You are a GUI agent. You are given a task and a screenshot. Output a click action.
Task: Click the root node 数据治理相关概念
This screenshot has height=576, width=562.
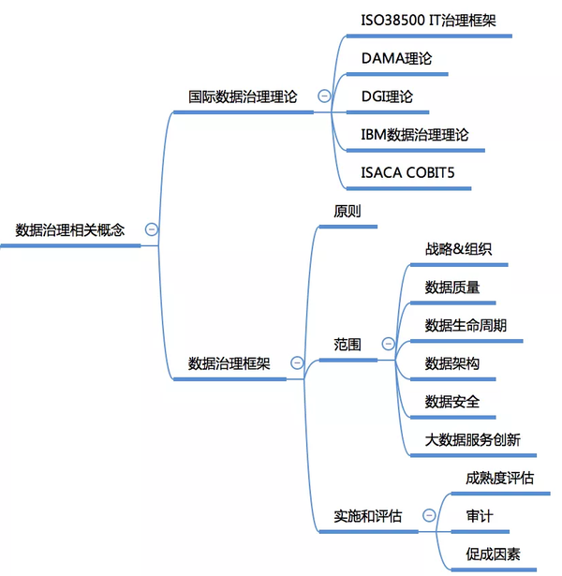[70, 230]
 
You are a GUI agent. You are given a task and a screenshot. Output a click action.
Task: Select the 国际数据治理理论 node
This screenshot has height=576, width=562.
[242, 96]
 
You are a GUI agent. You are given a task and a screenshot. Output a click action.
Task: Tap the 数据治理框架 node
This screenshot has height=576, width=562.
[229, 362]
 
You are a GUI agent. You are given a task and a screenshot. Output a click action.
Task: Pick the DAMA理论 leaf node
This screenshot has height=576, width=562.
[396, 58]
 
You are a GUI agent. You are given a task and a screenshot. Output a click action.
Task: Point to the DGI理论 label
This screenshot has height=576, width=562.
[387, 96]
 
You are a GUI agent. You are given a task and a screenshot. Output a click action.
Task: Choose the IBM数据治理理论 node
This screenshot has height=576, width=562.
[422, 135]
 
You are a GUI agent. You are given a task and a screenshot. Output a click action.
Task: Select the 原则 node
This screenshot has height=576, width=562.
[348, 212]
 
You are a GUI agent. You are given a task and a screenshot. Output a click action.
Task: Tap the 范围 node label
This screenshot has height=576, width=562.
[348, 345]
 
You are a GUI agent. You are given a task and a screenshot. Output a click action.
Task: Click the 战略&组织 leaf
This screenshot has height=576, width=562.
[458, 249]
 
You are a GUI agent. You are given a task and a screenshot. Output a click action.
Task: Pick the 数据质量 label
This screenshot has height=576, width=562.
[452, 288]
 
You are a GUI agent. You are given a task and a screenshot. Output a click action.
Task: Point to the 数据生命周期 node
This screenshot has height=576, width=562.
[466, 325]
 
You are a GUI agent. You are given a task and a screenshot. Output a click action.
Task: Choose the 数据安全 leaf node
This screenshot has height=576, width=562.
[452, 402]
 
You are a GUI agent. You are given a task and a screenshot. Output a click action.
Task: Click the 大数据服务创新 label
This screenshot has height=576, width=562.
[472, 440]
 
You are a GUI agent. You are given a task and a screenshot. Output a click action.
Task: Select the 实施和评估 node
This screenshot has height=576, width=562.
[367, 515]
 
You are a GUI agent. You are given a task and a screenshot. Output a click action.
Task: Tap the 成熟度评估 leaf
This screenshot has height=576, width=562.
[499, 478]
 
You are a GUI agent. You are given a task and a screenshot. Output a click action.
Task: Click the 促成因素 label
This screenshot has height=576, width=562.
[493, 554]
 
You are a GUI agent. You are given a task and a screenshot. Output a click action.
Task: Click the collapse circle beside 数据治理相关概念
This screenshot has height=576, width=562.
[152, 229]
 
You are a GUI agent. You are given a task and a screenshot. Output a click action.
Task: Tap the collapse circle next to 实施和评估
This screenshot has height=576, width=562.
[429, 515]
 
